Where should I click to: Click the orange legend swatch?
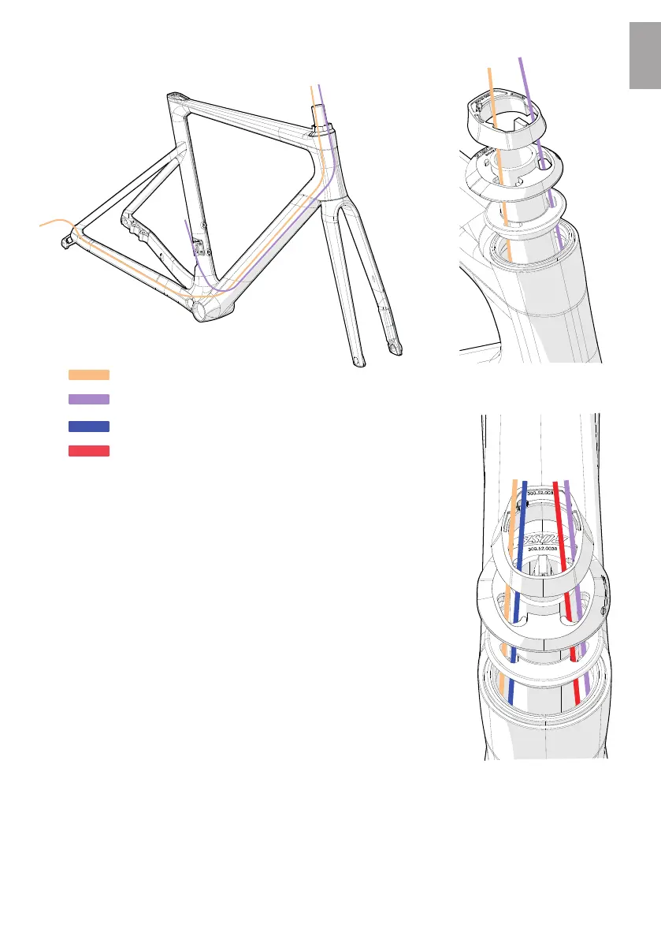(x=88, y=374)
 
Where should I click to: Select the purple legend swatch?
(x=88, y=399)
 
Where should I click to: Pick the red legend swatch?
(x=88, y=451)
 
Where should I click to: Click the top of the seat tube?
(x=175, y=98)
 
